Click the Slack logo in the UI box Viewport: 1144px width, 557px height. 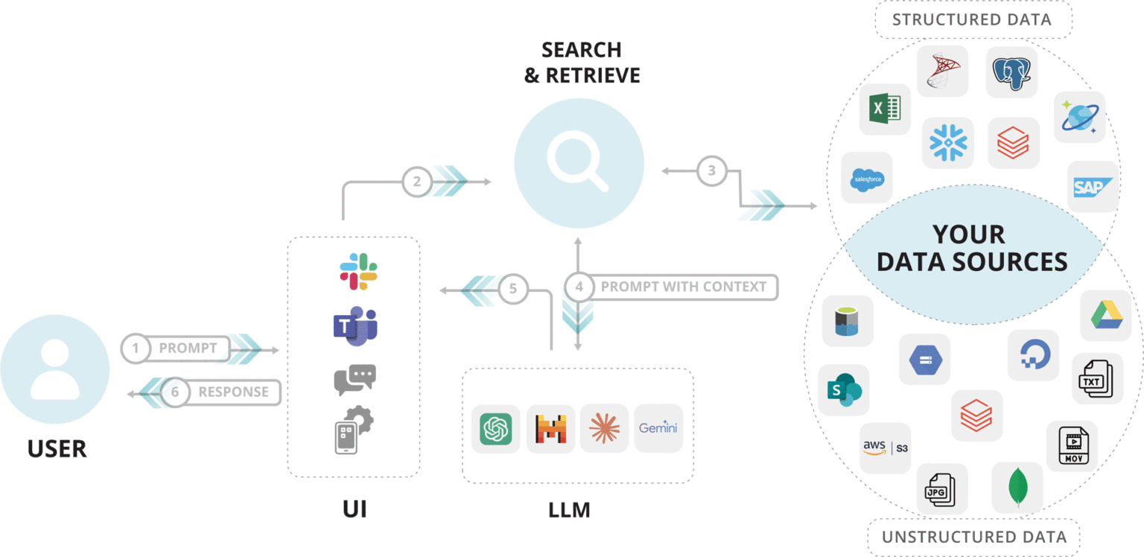(358, 271)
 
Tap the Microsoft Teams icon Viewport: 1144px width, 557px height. (355, 326)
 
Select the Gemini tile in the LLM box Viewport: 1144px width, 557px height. (658, 428)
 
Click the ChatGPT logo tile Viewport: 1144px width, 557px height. (496, 428)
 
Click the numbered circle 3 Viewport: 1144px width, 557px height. (711, 171)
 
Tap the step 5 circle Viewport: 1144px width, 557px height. (513, 289)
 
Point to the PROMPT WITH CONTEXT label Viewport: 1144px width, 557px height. (683, 287)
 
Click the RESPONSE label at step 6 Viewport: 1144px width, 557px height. (233, 392)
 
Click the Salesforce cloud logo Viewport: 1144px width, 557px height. (867, 178)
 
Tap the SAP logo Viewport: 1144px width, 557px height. (1093, 186)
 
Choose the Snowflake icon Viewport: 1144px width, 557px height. (947, 142)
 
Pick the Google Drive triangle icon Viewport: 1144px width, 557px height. (1106, 315)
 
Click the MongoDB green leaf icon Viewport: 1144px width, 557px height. (1017, 487)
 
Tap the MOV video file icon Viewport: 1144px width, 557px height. (1072, 445)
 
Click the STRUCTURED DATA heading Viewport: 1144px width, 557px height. (972, 19)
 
